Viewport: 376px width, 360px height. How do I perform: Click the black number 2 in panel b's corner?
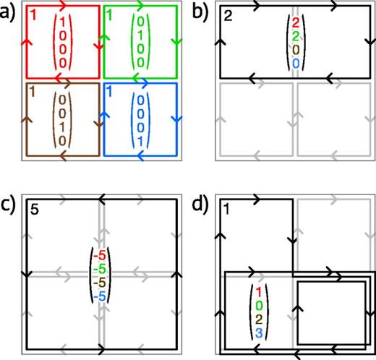tap(228, 17)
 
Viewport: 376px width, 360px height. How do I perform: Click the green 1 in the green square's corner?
tap(109, 15)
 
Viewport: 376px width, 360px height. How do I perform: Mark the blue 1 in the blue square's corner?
tap(109, 92)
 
